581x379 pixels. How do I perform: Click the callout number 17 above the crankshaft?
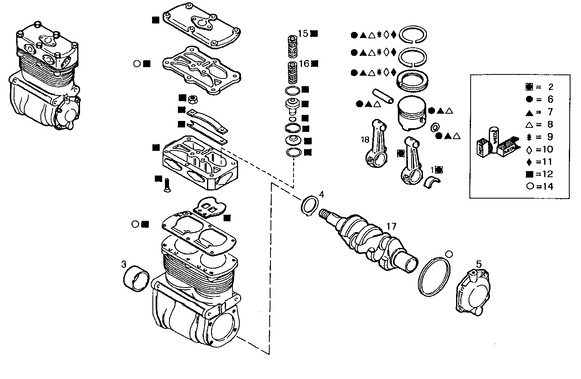pos(392,226)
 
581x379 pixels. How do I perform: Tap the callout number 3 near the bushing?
pos(124,265)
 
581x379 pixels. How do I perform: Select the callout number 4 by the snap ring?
pos(321,194)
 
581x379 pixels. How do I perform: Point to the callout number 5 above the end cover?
pos(479,264)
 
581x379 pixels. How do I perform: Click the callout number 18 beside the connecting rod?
pos(365,140)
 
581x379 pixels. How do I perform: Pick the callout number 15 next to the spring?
pos(303,33)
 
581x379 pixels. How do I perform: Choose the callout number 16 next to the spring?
pos(304,63)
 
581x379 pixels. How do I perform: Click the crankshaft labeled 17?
pos(372,243)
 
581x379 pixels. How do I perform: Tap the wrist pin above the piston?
pos(383,96)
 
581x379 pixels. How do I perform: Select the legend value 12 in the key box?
pos(548,174)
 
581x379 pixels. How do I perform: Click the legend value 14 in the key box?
pos(548,186)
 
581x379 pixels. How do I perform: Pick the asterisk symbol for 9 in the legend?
pos(529,137)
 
